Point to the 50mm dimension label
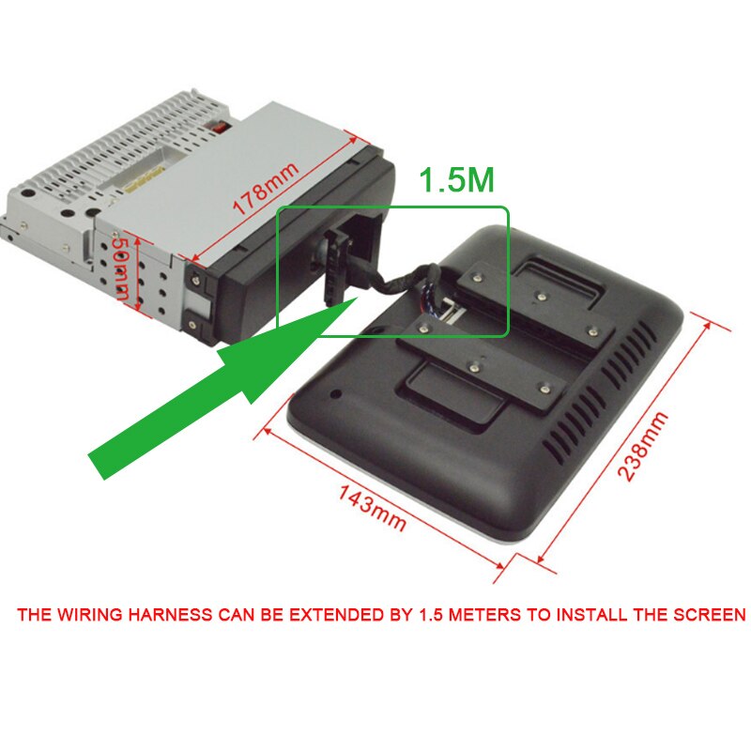tap(121, 267)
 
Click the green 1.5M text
tap(456, 179)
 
